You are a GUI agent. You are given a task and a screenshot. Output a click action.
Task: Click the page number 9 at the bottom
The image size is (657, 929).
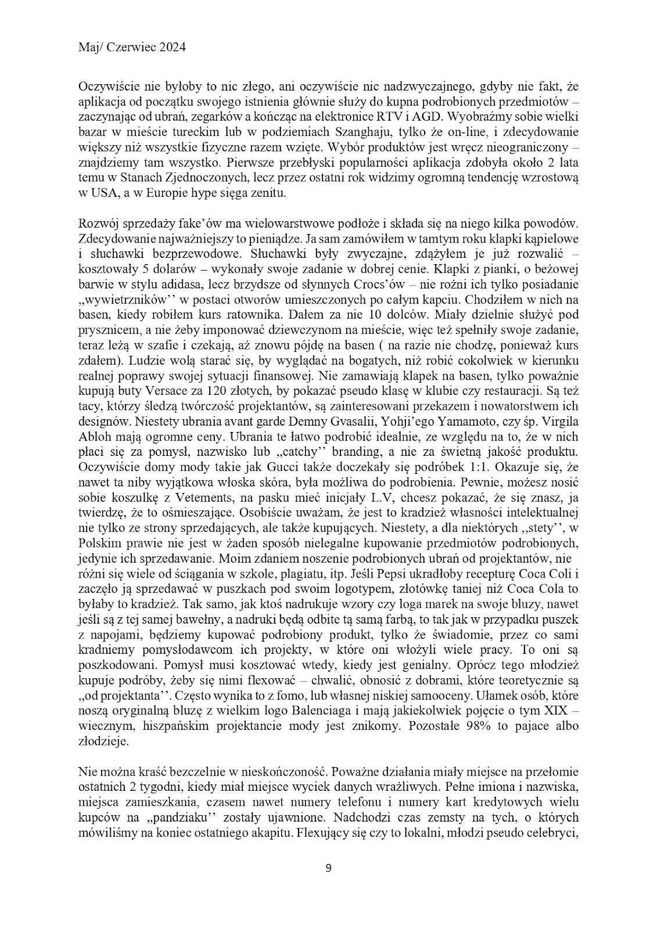(x=328, y=869)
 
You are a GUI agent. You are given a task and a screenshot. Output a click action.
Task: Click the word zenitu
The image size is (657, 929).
(x=268, y=193)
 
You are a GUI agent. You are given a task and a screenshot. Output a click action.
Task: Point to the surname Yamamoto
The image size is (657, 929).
(x=424, y=435)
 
